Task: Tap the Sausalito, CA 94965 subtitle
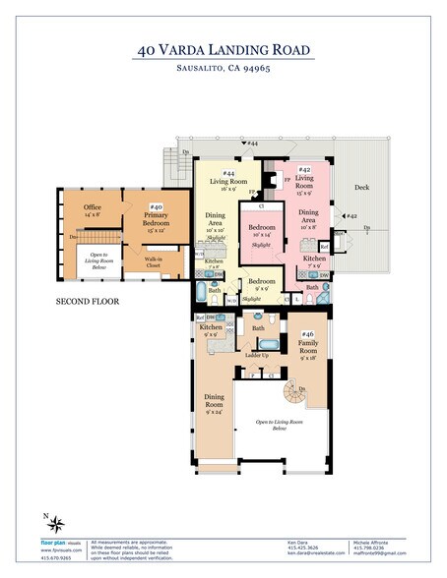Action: click(223, 69)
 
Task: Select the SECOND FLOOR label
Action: click(88, 301)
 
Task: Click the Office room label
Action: click(93, 211)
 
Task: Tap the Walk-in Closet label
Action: click(154, 261)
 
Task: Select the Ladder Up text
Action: click(258, 355)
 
